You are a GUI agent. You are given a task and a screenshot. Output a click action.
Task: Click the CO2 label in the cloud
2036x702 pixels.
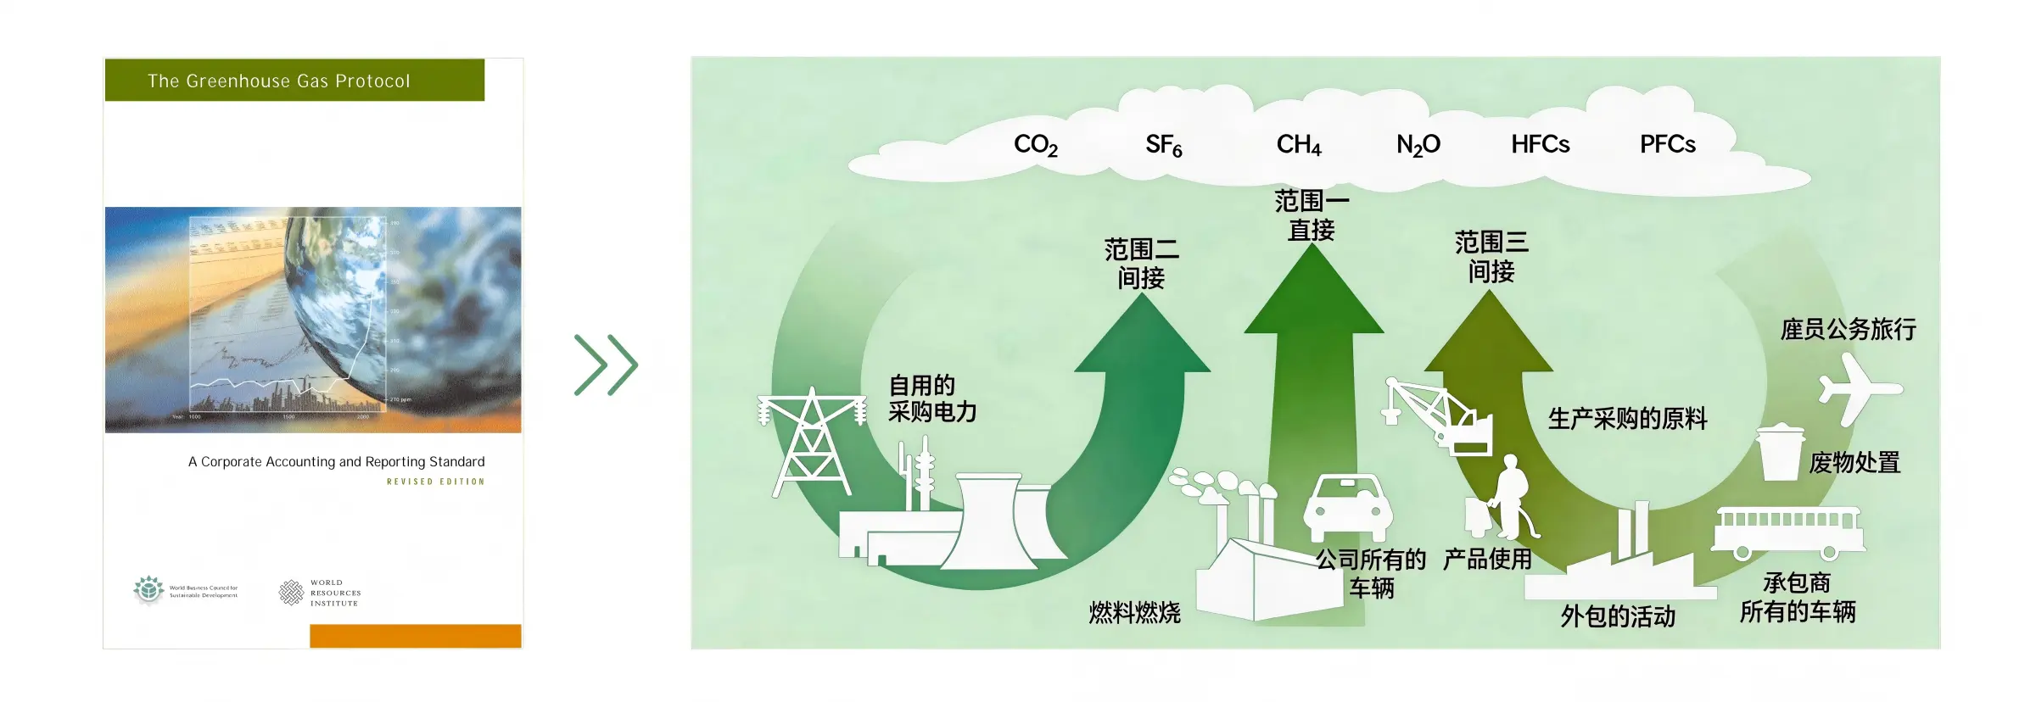(x=1035, y=145)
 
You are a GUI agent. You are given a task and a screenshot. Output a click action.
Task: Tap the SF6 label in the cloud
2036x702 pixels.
(x=1163, y=145)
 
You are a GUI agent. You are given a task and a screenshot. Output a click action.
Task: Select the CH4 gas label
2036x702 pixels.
(x=1298, y=145)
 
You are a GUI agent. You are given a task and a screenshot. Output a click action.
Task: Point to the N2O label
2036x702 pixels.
(x=1418, y=145)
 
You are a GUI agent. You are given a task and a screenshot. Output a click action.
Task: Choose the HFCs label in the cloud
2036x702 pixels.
(x=1540, y=144)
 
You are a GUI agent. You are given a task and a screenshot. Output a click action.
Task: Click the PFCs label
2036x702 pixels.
(x=1667, y=144)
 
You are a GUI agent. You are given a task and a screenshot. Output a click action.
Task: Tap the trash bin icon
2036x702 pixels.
(x=1779, y=453)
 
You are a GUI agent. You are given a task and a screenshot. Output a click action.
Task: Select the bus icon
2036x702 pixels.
(x=1788, y=532)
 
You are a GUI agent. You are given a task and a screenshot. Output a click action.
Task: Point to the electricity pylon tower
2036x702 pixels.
(x=812, y=442)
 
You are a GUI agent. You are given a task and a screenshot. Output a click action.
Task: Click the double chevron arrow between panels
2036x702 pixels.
(x=606, y=365)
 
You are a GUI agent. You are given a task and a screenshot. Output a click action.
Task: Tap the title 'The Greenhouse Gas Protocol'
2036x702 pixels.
(x=278, y=81)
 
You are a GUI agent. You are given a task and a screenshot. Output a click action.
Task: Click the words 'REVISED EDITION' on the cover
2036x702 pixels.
(x=435, y=482)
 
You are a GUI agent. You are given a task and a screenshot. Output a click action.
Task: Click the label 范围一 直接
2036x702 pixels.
(x=1311, y=215)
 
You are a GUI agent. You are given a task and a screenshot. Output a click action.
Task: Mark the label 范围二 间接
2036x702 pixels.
(x=1141, y=264)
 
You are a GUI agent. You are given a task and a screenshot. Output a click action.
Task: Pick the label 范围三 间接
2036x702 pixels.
(x=1491, y=257)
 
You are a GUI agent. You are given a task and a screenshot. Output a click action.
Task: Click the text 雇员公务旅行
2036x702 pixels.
(x=1848, y=329)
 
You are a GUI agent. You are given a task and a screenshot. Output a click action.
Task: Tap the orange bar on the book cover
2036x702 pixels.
(x=415, y=636)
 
